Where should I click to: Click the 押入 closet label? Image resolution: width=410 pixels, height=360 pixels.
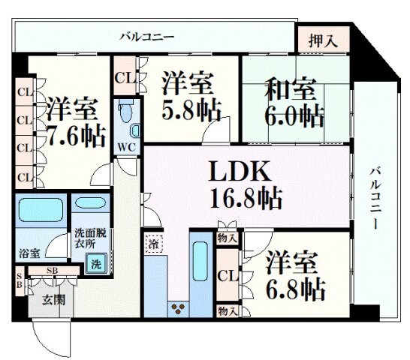[x=323, y=42]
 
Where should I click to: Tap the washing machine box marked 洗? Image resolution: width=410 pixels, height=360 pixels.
[x=95, y=263]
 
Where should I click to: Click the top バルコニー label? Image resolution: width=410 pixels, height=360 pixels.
[x=147, y=35]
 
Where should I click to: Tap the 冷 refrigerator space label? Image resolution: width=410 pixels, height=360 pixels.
[x=153, y=244]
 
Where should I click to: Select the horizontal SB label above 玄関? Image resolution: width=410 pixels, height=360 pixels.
[x=53, y=270]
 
